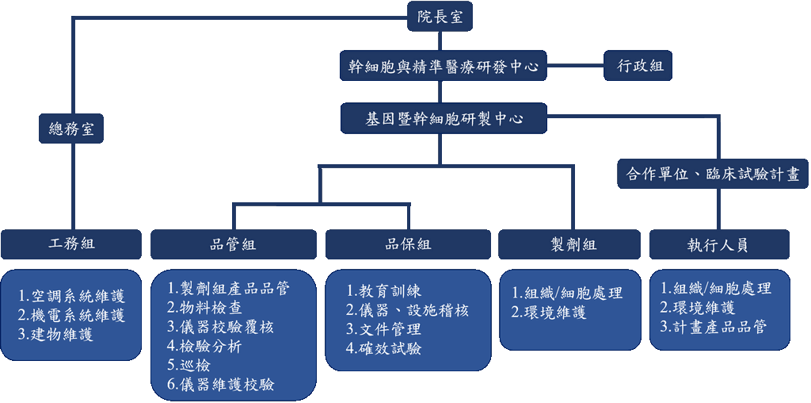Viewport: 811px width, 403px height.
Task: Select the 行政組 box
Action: coord(638,67)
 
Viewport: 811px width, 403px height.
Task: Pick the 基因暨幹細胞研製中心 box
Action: coord(443,118)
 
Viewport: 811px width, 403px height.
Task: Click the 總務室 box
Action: coord(72,129)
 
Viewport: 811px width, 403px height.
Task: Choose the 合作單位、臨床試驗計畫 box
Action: coord(713,174)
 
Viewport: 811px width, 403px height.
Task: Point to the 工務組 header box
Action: coord(71,244)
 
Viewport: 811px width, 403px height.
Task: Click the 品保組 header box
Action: coord(408,244)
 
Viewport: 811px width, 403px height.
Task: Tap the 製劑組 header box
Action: coord(569,244)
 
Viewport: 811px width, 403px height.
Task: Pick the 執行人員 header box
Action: coord(719,244)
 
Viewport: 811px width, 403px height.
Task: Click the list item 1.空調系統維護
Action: coord(72,296)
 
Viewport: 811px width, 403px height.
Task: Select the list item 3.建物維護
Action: coord(56,334)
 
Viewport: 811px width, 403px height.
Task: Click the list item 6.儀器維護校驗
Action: coord(221,385)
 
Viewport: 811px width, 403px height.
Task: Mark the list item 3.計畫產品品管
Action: coord(713,326)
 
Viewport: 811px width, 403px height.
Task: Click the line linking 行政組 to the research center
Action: coord(576,67)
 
